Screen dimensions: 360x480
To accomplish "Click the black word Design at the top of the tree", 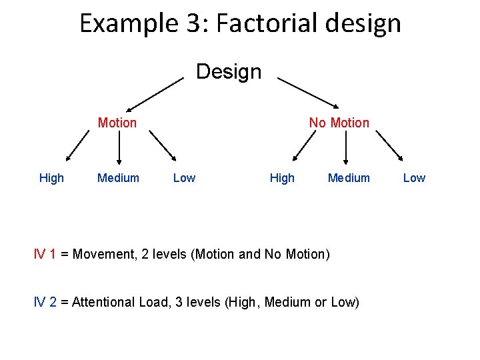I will [229, 71].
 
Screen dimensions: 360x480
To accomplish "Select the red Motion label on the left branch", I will [117, 123].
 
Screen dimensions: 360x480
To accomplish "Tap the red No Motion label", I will [339, 123].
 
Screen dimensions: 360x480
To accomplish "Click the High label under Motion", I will [51, 177].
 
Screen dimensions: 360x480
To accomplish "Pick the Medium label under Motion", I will [118, 177].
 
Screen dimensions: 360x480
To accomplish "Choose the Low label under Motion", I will [184, 177].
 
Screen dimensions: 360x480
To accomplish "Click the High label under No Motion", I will [282, 177].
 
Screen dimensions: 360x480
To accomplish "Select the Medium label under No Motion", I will [349, 177].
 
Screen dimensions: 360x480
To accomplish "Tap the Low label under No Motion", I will [414, 177].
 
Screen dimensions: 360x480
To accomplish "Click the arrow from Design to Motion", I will [155, 93].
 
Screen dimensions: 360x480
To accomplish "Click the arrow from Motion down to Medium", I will [119, 147].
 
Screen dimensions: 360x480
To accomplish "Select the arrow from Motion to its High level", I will [77, 146].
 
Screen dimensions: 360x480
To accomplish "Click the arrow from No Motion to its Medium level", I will [345, 147].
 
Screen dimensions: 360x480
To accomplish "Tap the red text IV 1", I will [45, 254].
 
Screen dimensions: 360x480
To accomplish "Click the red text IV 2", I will [45, 302].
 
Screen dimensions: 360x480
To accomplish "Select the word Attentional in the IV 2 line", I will [103, 302].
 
